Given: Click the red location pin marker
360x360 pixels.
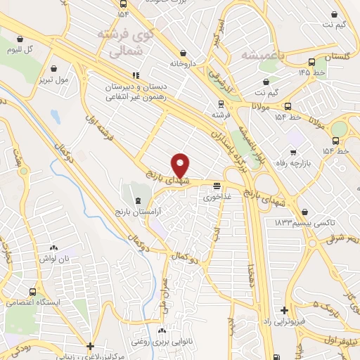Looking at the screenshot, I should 181,165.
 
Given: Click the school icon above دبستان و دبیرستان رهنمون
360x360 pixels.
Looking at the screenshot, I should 135,75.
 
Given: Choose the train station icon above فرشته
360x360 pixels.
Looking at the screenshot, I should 221,102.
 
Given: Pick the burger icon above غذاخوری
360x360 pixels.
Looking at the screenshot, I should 217,187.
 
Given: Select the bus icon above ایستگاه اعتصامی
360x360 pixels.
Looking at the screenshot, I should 32,291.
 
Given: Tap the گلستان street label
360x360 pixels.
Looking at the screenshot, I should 340,56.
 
